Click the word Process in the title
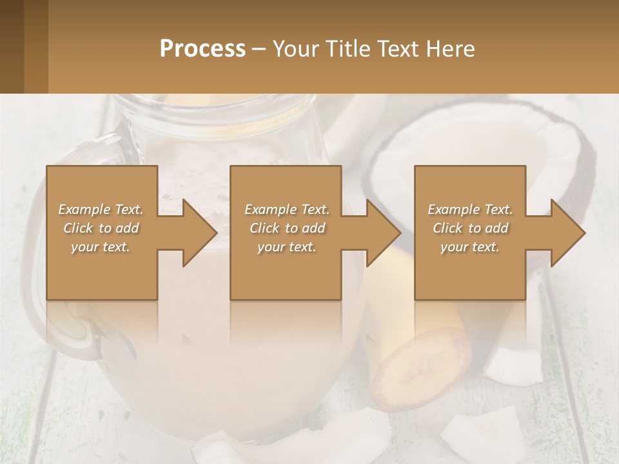tap(202, 49)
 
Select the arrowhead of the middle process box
tap(383, 233)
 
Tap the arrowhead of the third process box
tap(567, 233)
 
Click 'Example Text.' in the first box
tap(101, 209)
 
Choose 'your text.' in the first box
tap(101, 247)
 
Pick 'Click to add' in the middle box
tap(287, 228)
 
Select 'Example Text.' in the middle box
tap(287, 209)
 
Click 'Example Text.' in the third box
tap(470, 209)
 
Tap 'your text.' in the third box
tap(470, 247)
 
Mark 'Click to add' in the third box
tap(470, 228)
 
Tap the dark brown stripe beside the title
tap(35, 46)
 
